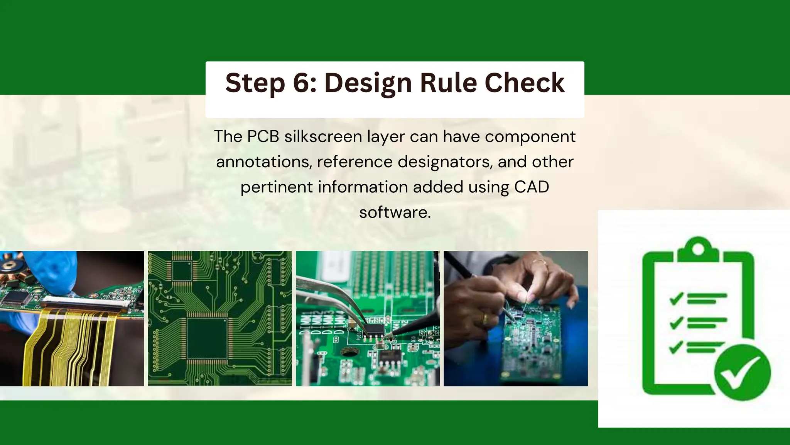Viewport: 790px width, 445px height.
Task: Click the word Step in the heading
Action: [255, 83]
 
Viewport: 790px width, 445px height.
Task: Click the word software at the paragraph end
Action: [395, 212]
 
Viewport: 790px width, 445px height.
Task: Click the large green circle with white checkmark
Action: [742, 372]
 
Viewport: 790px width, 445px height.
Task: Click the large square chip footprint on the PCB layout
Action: [207, 338]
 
